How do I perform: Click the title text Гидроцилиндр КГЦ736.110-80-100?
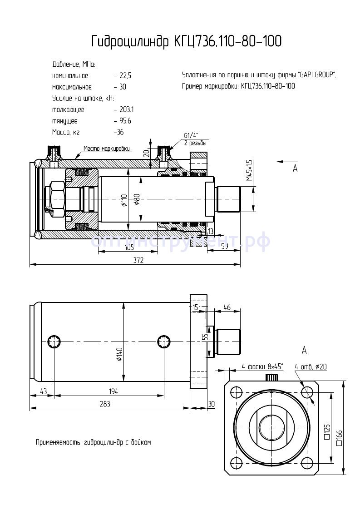click(x=186, y=42)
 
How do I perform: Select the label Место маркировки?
click(x=107, y=149)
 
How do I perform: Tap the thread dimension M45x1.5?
click(x=249, y=170)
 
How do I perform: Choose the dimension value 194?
click(x=109, y=391)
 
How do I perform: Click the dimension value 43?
click(x=44, y=391)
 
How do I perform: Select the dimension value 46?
click(x=227, y=308)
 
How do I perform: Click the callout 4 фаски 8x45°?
click(x=262, y=366)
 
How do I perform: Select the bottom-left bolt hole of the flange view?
click(x=236, y=462)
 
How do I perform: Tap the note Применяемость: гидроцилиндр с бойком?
click(x=93, y=442)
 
